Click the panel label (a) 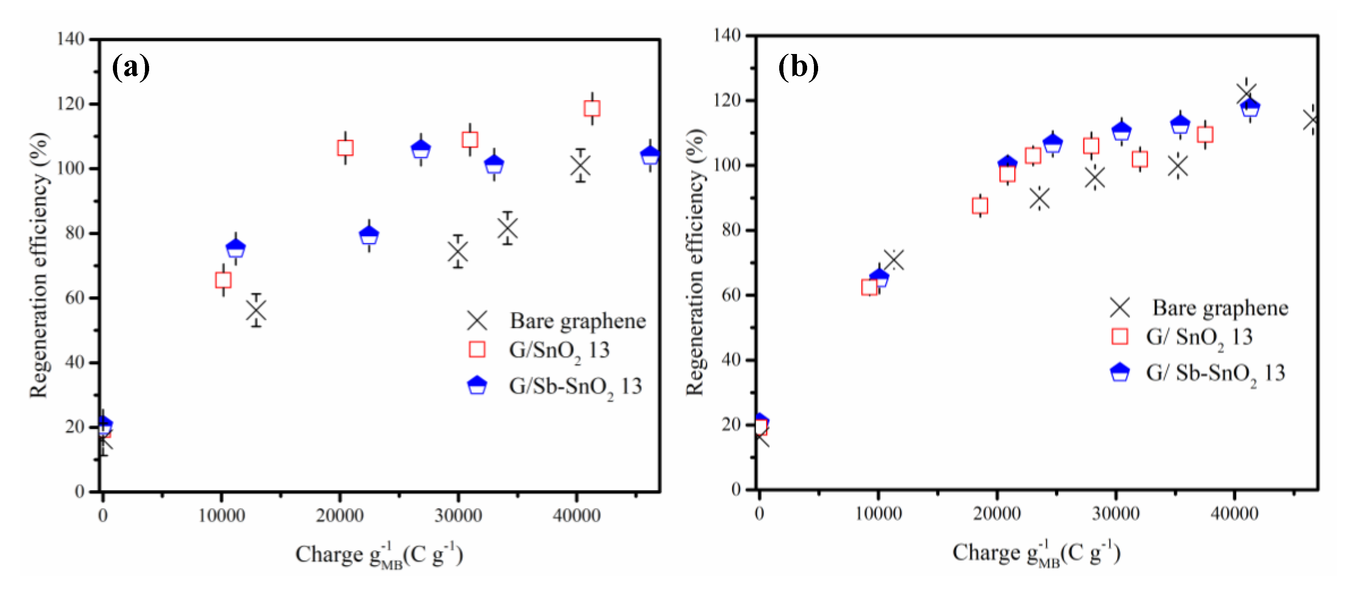pyautogui.click(x=131, y=68)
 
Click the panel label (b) pyautogui.click(x=798, y=68)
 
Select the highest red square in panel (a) pyautogui.click(x=592, y=108)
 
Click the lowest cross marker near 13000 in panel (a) pyautogui.click(x=256, y=310)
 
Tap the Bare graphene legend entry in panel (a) pyautogui.click(x=577, y=321)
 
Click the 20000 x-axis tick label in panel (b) pyautogui.click(x=997, y=513)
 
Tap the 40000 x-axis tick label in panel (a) pyautogui.click(x=576, y=515)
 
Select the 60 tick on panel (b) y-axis pyautogui.click(x=731, y=295)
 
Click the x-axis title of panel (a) pyautogui.click(x=379, y=554)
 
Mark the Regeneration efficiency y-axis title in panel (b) pyautogui.click(x=695, y=261)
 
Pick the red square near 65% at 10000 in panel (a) pyautogui.click(x=223, y=280)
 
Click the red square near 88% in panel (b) pyautogui.click(x=980, y=205)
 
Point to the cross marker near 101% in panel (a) pyautogui.click(x=580, y=166)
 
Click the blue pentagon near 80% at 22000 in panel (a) pyautogui.click(x=369, y=235)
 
